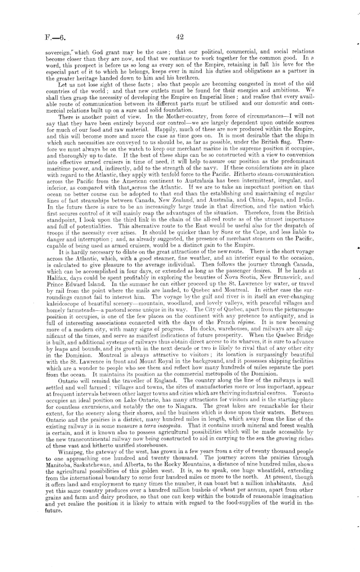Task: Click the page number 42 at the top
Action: tap(179, 37)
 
